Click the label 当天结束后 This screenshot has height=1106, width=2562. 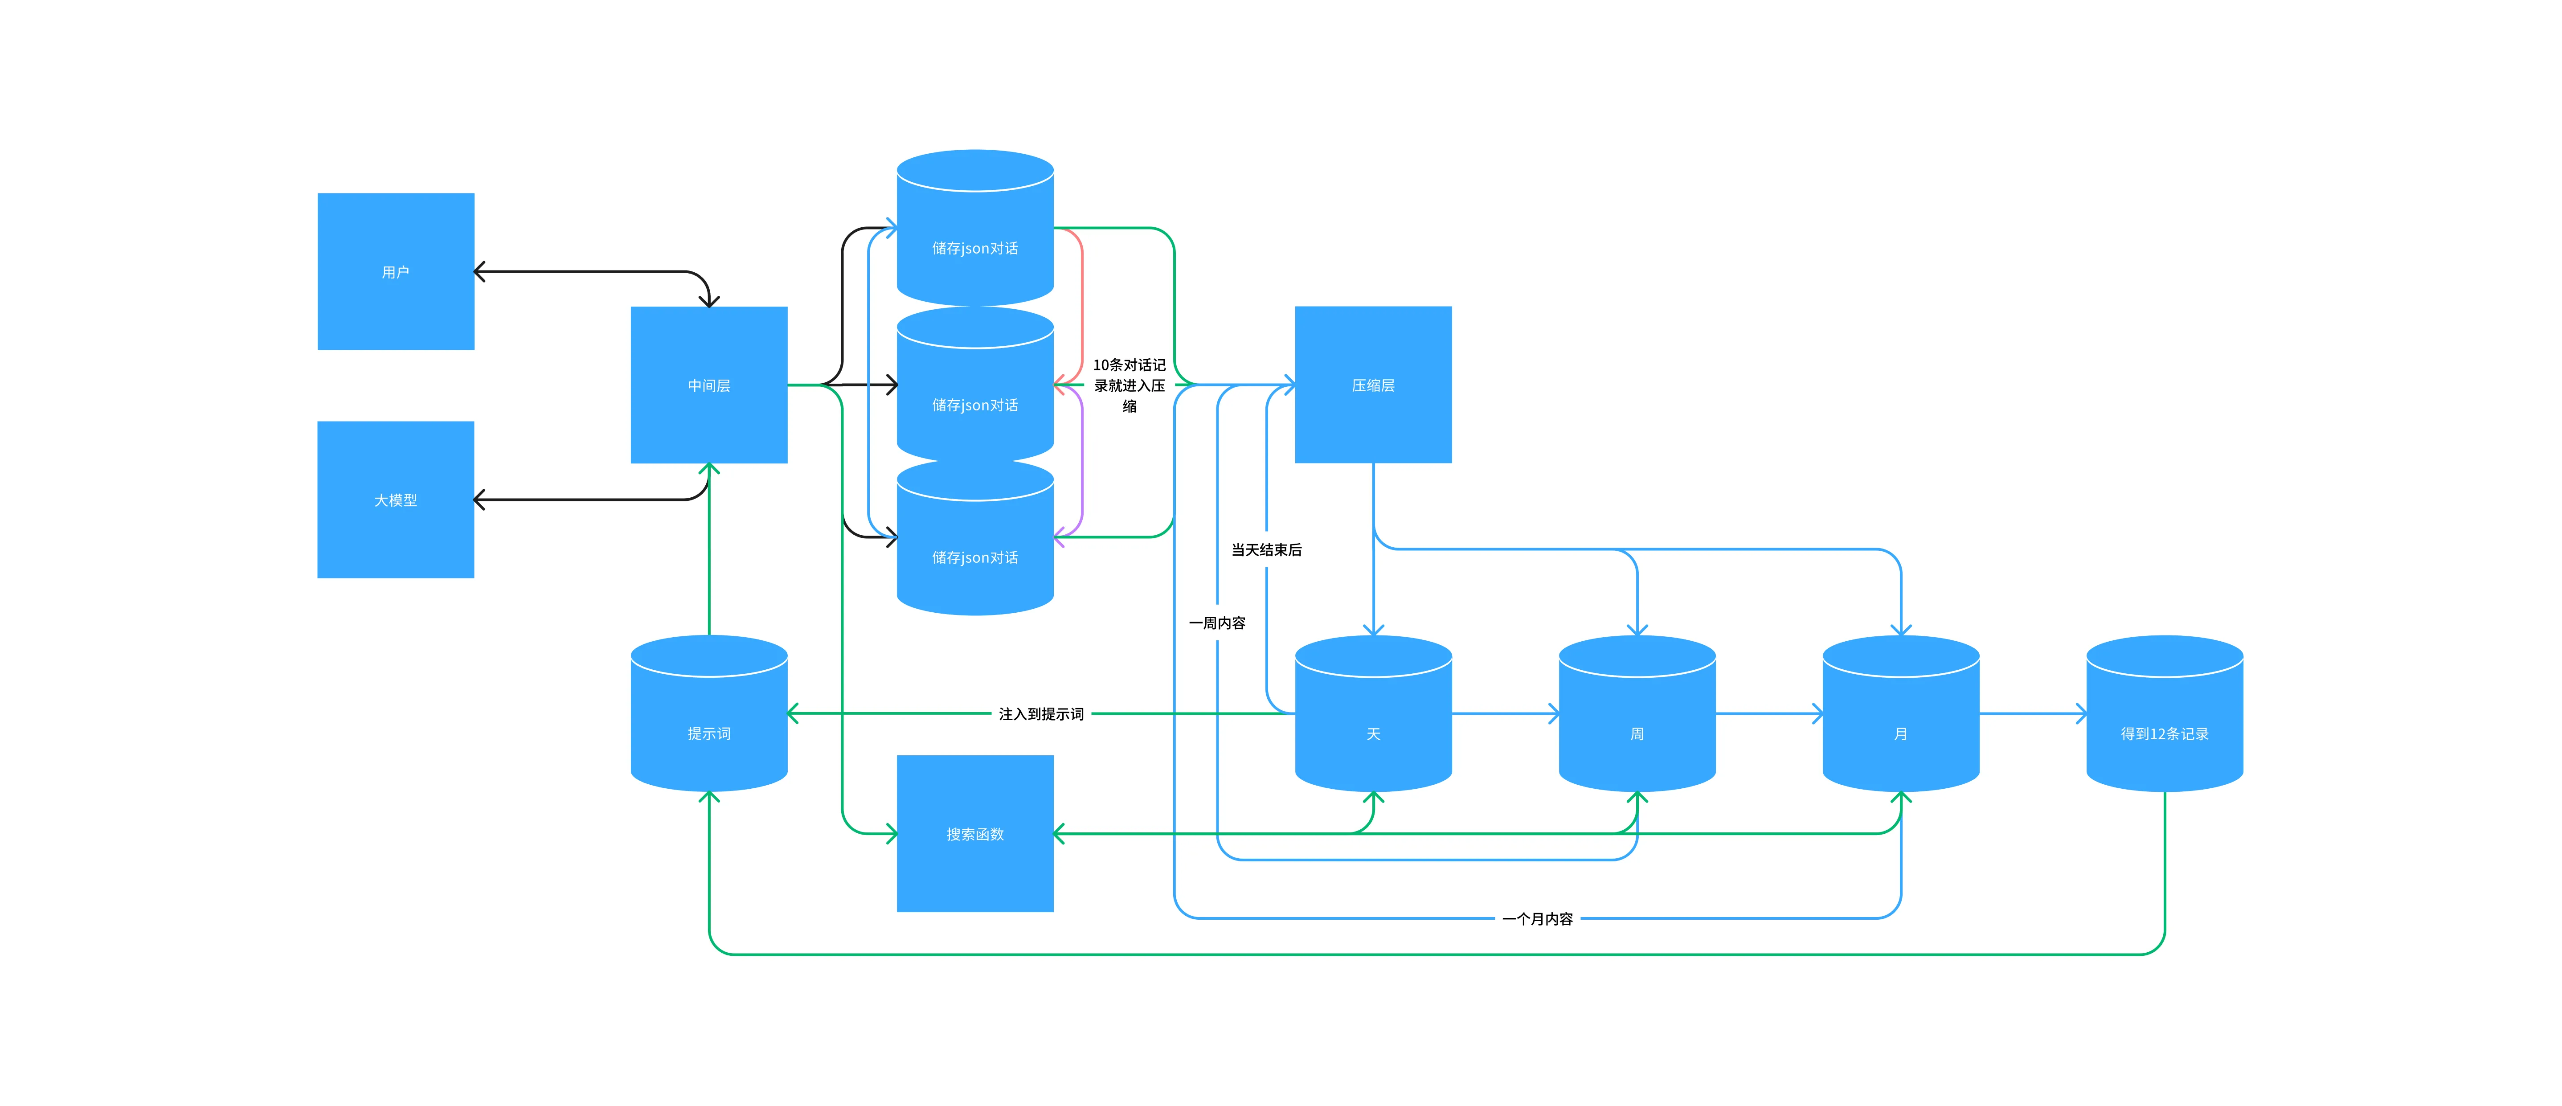tap(1266, 549)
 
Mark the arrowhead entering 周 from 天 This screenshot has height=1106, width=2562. tap(1555, 713)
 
